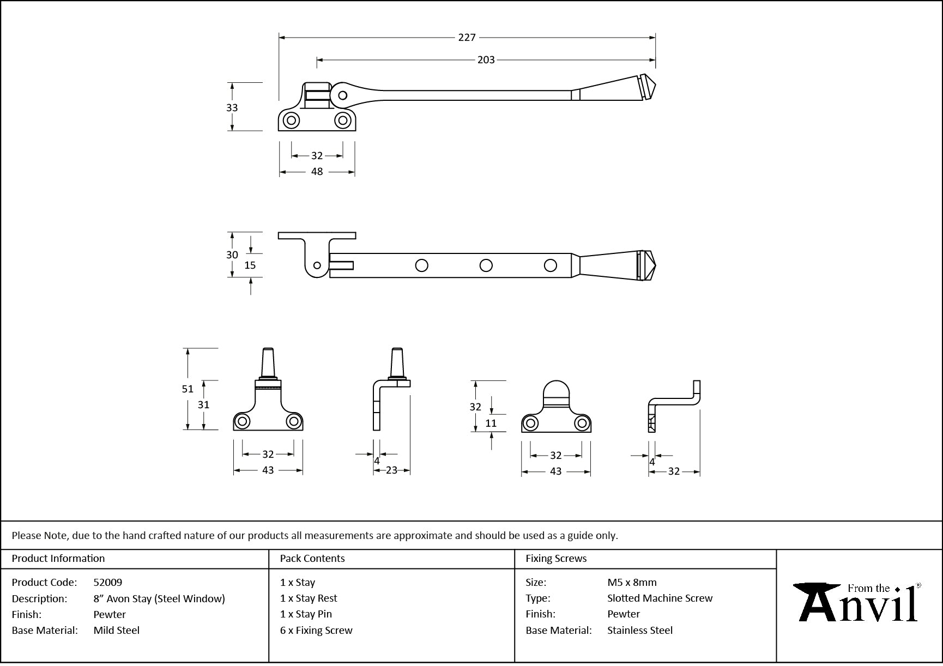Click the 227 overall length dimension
467,38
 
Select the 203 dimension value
486,60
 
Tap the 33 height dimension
232,108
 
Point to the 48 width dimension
317,172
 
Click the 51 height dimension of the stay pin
188,389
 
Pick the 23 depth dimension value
391,470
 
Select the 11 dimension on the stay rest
491,423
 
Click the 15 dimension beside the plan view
250,265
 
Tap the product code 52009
108,583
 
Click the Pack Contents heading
312,559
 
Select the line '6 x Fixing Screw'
316,631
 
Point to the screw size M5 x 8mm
632,583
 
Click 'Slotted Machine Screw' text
660,598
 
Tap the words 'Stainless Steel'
640,631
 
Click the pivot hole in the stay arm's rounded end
342,96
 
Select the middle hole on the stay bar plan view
486,266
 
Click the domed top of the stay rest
556,389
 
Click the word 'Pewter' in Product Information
110,615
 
